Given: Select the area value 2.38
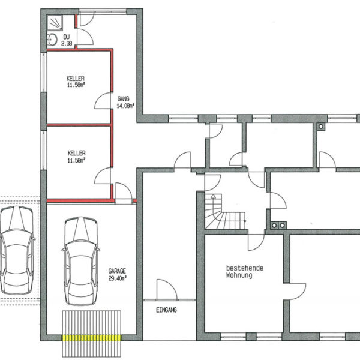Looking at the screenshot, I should pos(67,43).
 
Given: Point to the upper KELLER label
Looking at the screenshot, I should pos(76,79).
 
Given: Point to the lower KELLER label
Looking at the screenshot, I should pos(76,153).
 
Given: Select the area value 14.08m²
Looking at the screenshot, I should pos(125,106).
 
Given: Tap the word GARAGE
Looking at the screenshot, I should pos(118,271).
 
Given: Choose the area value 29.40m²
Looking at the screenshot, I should pos(118,278).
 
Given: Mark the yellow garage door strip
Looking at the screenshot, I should pos(93,338).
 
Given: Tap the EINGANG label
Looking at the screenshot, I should pos(166,310).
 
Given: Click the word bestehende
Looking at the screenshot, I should pos(244,268).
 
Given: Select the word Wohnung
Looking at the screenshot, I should pos(239,275).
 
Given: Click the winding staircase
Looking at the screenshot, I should pos(221,213).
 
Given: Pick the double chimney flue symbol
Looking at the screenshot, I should pos(278,226).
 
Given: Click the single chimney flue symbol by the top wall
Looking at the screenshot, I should pos(322,127).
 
